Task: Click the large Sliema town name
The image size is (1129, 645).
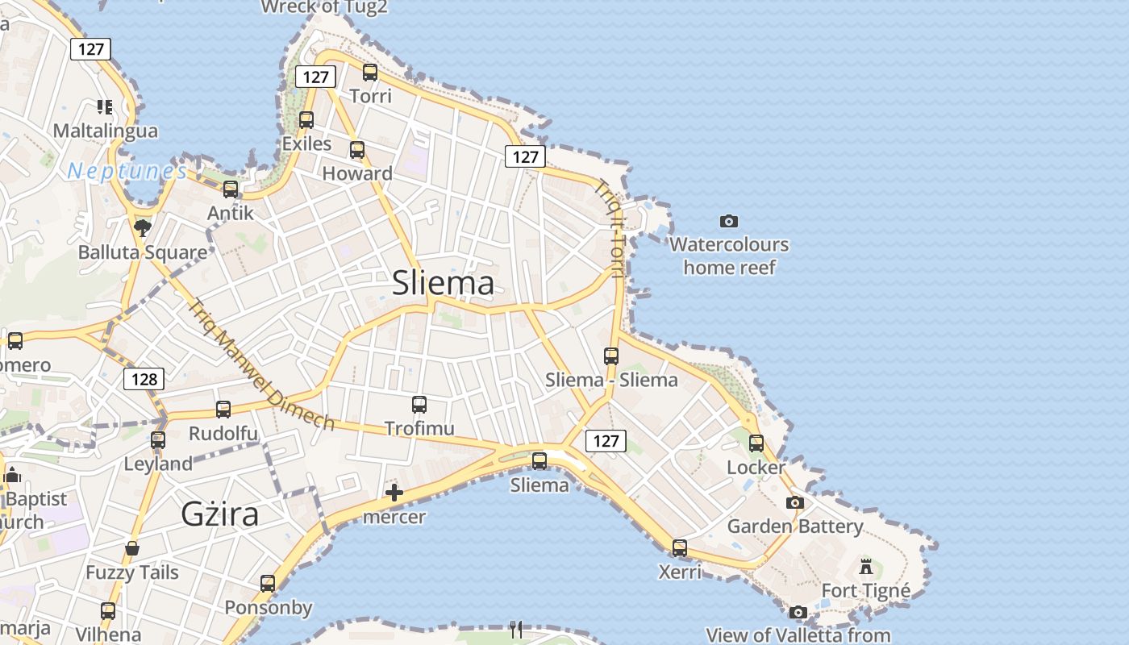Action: (443, 283)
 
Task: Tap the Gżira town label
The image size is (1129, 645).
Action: (219, 514)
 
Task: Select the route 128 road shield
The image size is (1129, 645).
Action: (144, 379)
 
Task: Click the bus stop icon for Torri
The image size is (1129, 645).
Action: (370, 73)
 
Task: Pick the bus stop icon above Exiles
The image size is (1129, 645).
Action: (306, 120)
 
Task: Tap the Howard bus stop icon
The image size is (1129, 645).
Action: (357, 150)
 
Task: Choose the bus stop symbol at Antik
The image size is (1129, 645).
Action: (231, 189)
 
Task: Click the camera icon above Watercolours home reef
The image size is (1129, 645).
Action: (729, 221)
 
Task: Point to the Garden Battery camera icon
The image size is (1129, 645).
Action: (795, 503)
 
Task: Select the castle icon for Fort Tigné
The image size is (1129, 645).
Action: (866, 567)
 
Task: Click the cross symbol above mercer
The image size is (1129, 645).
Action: (394, 493)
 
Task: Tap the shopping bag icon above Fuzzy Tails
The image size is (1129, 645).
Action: (132, 549)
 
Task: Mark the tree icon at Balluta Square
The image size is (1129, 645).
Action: (143, 227)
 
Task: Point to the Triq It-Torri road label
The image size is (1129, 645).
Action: (610, 229)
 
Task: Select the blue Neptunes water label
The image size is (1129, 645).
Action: (127, 171)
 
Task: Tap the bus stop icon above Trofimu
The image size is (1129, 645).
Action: (419, 405)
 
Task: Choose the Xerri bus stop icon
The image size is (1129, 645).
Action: (680, 548)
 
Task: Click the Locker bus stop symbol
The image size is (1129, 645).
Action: (756, 443)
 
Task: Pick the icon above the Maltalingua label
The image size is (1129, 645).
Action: (104, 106)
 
